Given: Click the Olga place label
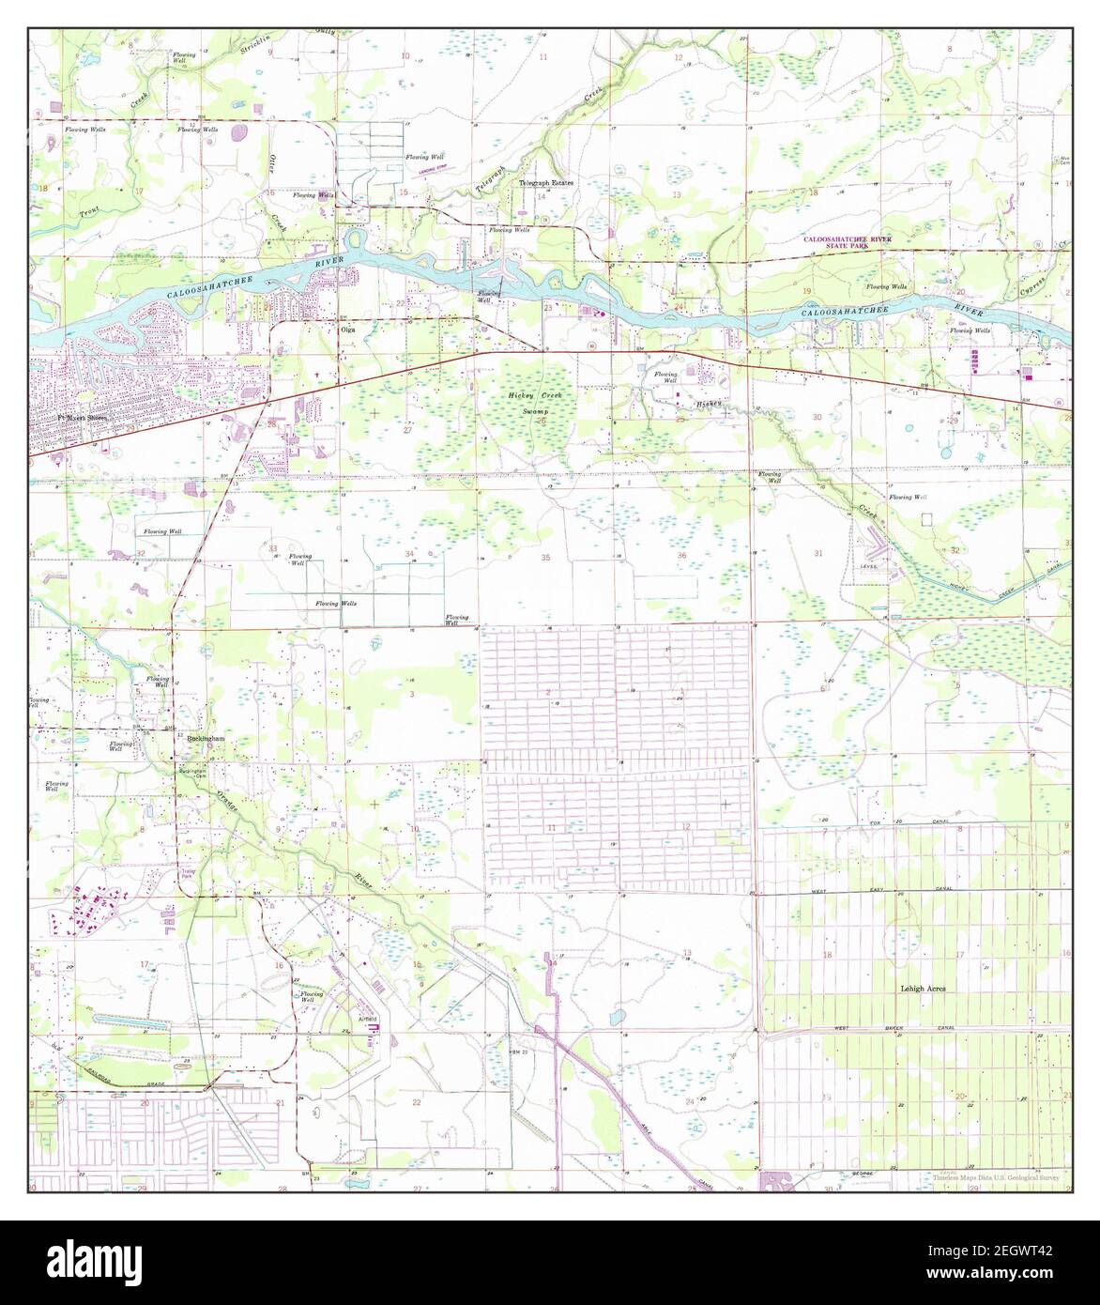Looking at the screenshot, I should point(345,330).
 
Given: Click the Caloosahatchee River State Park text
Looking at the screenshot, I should point(847,244).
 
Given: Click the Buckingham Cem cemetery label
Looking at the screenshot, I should point(193,773).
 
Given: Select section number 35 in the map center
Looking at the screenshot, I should point(545,559).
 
